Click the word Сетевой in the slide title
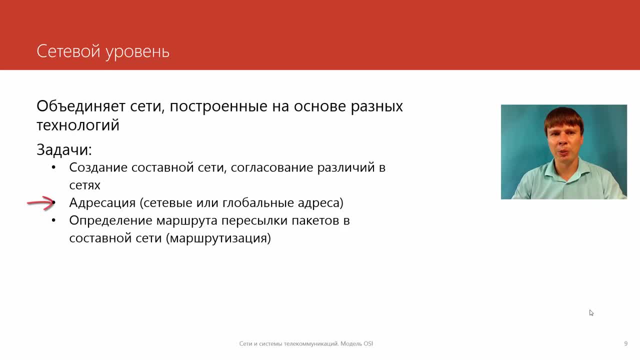(68, 51)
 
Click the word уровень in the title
(137, 53)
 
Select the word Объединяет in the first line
(81, 106)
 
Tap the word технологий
(78, 125)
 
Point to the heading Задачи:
(64, 149)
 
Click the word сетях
(85, 185)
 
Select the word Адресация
(102, 203)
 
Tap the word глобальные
(258, 203)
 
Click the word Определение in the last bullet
(110, 221)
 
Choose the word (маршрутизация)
(218, 238)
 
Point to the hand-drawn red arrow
(41, 203)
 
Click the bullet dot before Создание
(53, 167)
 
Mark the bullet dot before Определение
(53, 220)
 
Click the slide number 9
(625, 343)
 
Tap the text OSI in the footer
(368, 343)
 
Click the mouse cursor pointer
(591, 313)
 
